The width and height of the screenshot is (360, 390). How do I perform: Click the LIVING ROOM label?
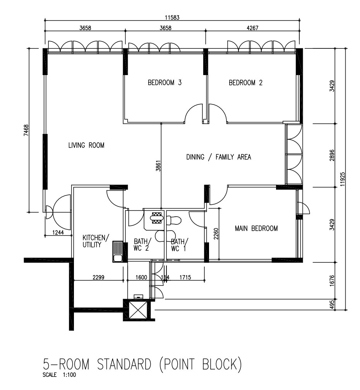click(x=86, y=145)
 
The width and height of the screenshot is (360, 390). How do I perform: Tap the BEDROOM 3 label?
click(x=165, y=82)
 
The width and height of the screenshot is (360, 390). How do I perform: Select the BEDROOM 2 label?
click(x=245, y=82)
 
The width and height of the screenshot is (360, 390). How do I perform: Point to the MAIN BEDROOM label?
click(x=256, y=228)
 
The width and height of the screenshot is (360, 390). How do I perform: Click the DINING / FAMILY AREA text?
click(x=219, y=157)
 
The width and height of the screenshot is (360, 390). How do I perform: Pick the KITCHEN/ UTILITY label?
click(x=96, y=241)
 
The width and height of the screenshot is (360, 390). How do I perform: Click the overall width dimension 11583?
click(x=172, y=17)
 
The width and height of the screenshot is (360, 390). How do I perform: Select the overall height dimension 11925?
click(x=343, y=179)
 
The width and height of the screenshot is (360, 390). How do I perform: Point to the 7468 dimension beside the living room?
click(x=26, y=130)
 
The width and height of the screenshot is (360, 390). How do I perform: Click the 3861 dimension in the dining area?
click(x=158, y=166)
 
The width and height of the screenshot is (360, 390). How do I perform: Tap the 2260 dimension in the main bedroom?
click(x=216, y=234)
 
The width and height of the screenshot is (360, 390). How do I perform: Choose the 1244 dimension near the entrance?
click(x=58, y=232)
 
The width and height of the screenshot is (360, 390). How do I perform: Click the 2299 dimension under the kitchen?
click(x=99, y=277)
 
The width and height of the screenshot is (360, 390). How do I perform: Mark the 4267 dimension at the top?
click(x=252, y=27)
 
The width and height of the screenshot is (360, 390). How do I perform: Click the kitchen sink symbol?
click(x=117, y=251)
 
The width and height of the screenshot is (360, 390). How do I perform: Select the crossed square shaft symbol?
click(x=137, y=310)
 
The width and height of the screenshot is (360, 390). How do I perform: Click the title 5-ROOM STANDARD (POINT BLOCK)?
click(x=142, y=364)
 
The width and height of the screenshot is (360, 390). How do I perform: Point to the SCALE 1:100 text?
click(x=59, y=375)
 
